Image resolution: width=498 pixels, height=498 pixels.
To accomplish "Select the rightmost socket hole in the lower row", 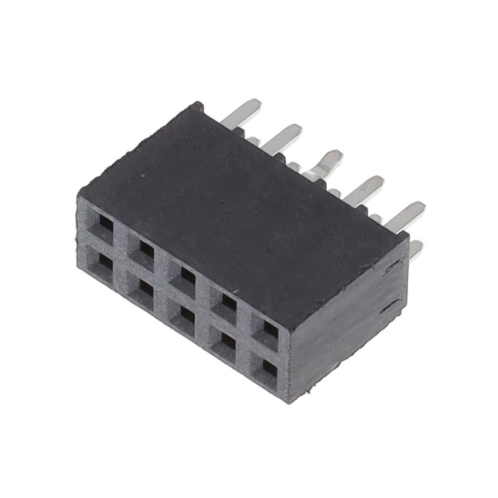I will (270, 369).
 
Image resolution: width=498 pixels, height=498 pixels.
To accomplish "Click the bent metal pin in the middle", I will (328, 162).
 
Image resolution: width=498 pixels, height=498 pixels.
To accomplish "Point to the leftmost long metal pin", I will (244, 112).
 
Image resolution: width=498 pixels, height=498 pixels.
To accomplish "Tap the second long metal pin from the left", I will (283, 138).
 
